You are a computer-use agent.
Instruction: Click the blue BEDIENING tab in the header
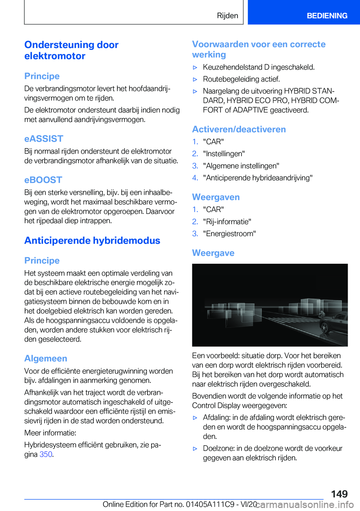[x=327, y=16]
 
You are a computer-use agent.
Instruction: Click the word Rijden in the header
[x=227, y=16]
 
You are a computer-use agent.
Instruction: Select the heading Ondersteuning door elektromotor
[x=71, y=50]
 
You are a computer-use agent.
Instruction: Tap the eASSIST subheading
[x=43, y=139]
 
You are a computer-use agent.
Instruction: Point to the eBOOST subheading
[x=43, y=180]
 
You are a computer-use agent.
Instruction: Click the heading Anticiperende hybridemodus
[x=92, y=240]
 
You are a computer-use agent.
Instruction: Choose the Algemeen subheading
[x=46, y=359]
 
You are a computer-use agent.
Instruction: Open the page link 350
[x=46, y=454]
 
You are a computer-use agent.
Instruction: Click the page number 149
[x=339, y=494]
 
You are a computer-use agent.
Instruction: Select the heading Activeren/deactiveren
[x=239, y=129]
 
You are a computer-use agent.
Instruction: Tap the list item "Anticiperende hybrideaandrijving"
[x=258, y=178]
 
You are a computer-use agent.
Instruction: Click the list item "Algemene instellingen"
[x=241, y=166]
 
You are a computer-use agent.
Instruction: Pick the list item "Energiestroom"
[x=229, y=234]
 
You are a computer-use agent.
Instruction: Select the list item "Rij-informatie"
[x=227, y=222]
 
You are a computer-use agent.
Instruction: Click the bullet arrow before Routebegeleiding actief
[x=195, y=80]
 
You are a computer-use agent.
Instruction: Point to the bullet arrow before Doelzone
[x=195, y=449]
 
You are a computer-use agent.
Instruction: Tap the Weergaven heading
[x=216, y=197]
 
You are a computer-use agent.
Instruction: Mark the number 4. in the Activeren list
[x=195, y=178]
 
